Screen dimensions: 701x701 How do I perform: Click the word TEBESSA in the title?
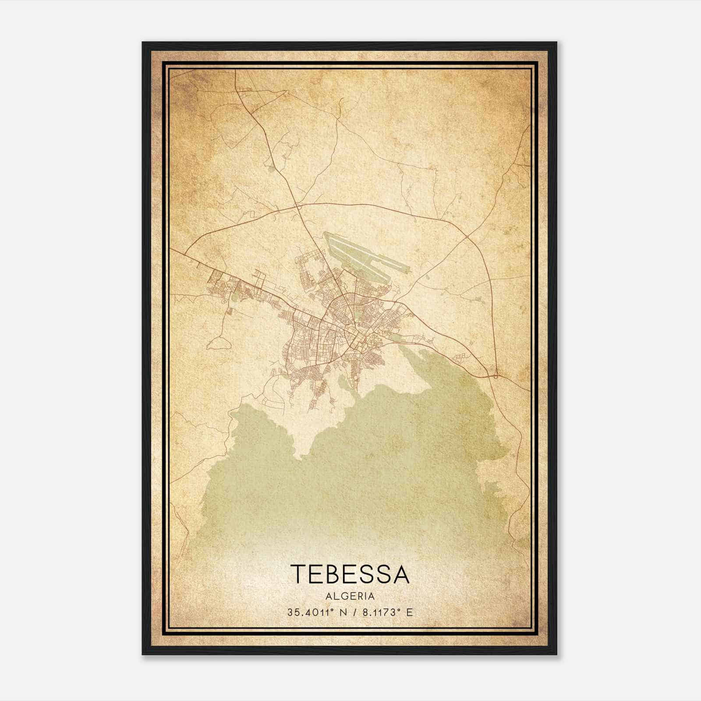[x=350, y=574]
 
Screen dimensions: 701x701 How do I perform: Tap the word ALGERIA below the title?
[x=350, y=596]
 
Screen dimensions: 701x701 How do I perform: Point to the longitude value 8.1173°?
[x=381, y=612]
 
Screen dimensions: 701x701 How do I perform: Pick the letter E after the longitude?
[x=409, y=612]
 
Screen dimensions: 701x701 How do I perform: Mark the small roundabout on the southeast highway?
[x=496, y=375]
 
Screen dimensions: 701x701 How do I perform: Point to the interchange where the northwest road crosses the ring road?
[x=297, y=205]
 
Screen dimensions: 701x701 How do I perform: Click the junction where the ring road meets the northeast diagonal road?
[x=467, y=237]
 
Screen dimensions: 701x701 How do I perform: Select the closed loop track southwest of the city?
[x=219, y=343]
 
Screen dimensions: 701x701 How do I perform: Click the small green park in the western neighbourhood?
[x=237, y=296]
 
